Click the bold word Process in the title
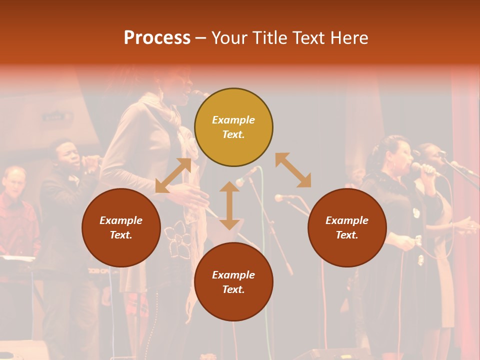click(x=157, y=38)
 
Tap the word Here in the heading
click(x=348, y=38)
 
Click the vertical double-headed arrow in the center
click(x=229, y=205)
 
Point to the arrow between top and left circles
click(x=173, y=175)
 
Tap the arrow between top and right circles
click(x=293, y=170)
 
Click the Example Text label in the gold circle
click(x=233, y=127)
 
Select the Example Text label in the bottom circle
click(x=233, y=282)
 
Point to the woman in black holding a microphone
click(x=395, y=200)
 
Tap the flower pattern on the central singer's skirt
click(x=177, y=239)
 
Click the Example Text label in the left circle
click(x=121, y=227)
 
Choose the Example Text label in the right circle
click(x=347, y=227)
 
